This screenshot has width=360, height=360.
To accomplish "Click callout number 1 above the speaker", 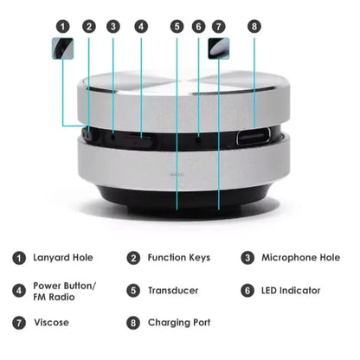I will [63, 26].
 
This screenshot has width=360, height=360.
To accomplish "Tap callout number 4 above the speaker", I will [142, 26].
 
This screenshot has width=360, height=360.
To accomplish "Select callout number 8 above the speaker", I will [254, 26].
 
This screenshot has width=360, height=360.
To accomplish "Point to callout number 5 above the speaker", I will [177, 26].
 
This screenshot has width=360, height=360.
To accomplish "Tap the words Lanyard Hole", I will [64, 257].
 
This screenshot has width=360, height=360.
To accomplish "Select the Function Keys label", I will [179, 257].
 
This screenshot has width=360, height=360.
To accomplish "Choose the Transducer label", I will [174, 291].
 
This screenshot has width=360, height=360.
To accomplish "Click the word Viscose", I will [52, 323].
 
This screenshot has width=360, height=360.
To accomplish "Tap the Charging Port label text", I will [179, 323].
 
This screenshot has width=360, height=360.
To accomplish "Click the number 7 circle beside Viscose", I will [18, 323].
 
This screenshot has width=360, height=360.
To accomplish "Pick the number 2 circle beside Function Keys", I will [133, 257].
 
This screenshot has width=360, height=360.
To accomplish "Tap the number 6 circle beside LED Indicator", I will [247, 291].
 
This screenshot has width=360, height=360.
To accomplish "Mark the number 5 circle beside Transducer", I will [133, 291].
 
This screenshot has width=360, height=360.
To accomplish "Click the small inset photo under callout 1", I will [63, 48].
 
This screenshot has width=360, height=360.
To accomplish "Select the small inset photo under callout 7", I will [217, 50].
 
